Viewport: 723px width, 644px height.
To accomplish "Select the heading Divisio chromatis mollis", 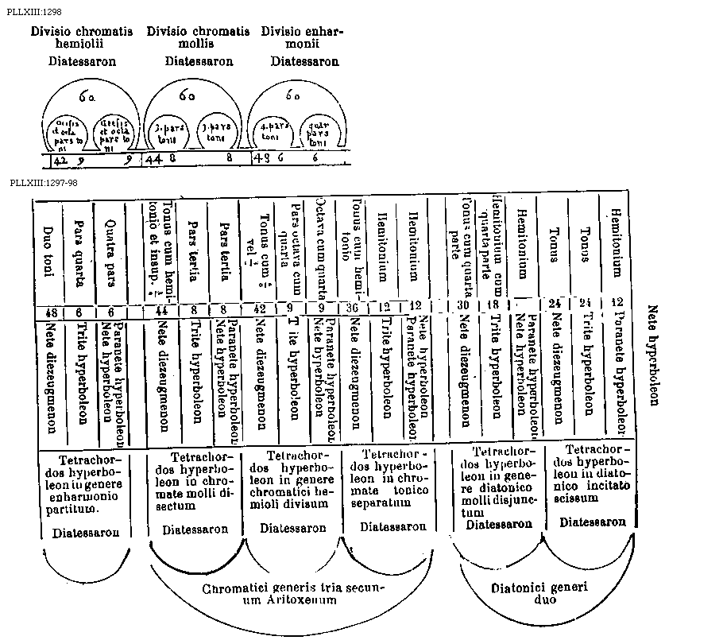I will click(x=198, y=37).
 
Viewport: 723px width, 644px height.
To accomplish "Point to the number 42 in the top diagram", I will click(x=60, y=158).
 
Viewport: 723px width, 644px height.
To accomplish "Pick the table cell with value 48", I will click(x=48, y=311).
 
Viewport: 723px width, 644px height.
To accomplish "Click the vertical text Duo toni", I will click(x=48, y=255).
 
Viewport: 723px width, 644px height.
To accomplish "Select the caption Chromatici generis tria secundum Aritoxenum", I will click(x=292, y=595).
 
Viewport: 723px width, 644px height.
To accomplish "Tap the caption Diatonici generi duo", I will click(x=536, y=594).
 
